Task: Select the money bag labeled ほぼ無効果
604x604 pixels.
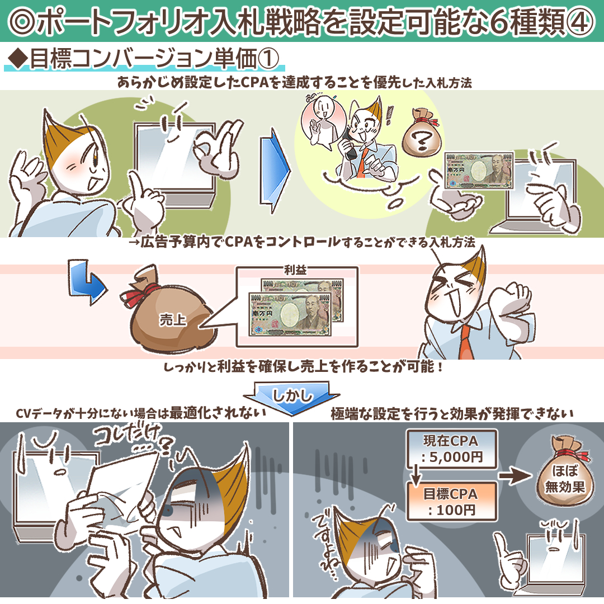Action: (565, 471)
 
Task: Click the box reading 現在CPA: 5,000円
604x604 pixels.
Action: (451, 449)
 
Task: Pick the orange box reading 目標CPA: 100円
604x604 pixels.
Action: (451, 502)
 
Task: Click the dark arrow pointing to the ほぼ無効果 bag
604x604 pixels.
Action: (515, 476)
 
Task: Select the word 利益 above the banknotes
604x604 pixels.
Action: (295, 270)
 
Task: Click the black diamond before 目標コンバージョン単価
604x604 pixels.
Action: (17, 59)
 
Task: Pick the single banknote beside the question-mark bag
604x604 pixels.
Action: (479, 170)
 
